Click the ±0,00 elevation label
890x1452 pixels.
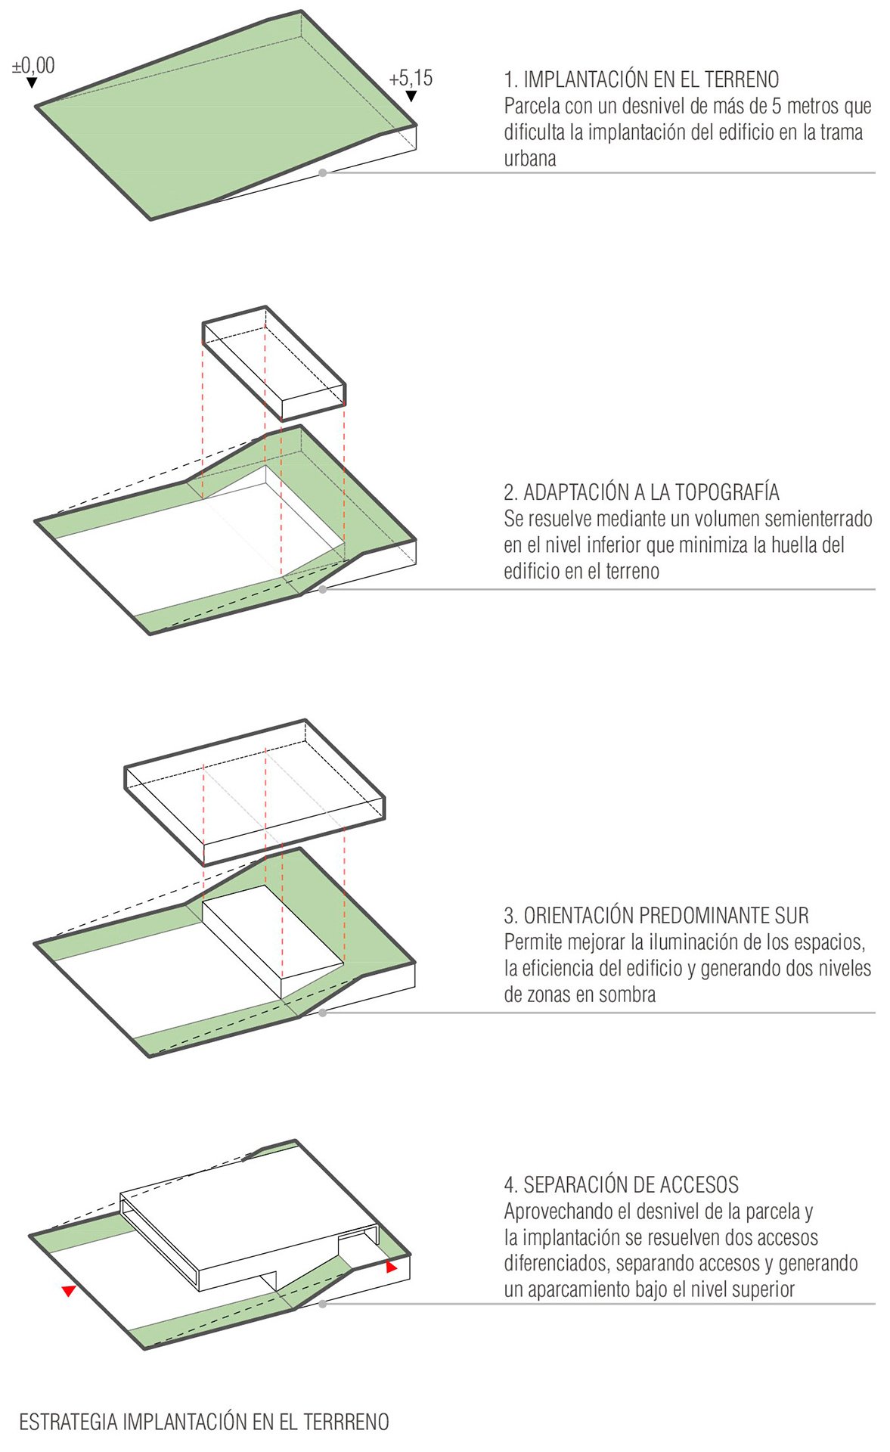click(x=33, y=66)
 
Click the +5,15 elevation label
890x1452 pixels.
click(x=411, y=78)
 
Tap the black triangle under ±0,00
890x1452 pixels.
click(x=32, y=82)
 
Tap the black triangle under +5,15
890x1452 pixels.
click(x=411, y=96)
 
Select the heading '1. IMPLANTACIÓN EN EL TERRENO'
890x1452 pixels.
click(x=641, y=79)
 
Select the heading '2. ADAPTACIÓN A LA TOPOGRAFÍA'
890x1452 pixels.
click(x=641, y=492)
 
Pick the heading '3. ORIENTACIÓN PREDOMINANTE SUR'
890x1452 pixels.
click(x=656, y=916)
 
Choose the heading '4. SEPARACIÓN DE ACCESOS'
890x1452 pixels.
click(x=621, y=1185)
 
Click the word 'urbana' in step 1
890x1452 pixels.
click(x=530, y=159)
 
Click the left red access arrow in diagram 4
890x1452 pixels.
click(x=69, y=1291)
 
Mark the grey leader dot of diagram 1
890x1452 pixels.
click(x=323, y=173)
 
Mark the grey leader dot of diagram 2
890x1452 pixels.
click(x=323, y=589)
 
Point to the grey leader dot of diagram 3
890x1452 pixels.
click(x=323, y=1013)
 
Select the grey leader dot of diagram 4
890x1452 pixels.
click(x=323, y=1304)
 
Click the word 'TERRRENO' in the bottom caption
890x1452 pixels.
click(x=346, y=1423)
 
